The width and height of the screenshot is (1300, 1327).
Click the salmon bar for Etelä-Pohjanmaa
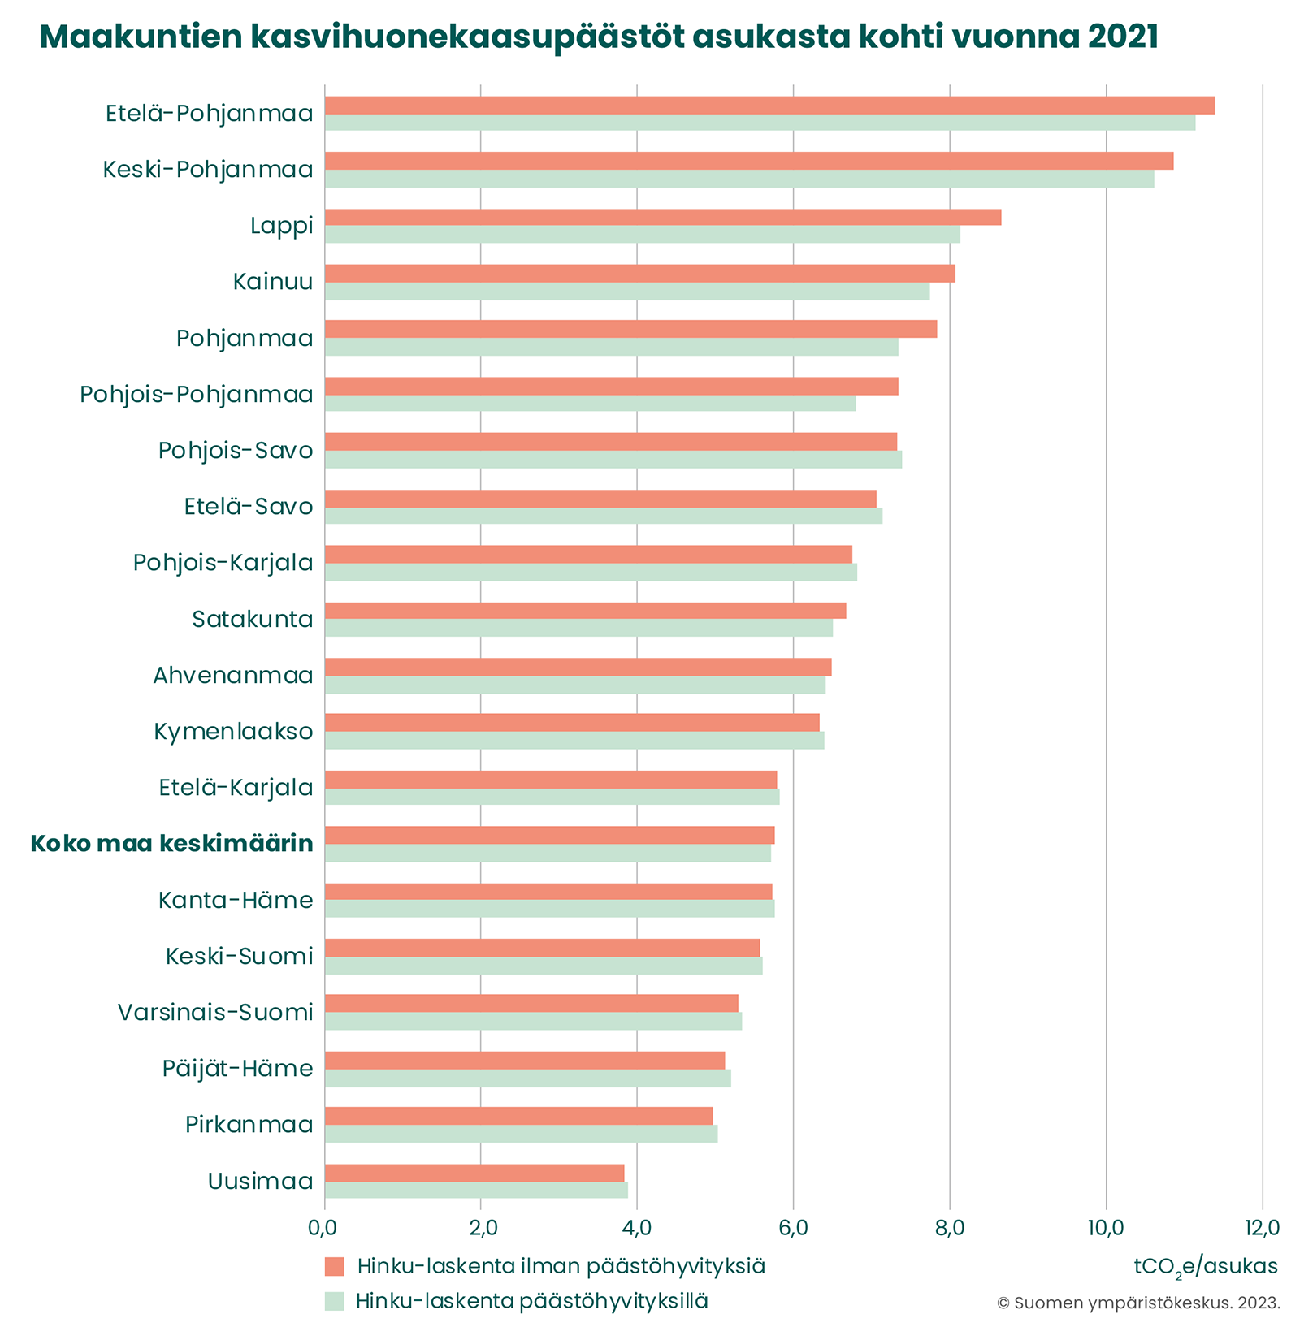pyautogui.click(x=769, y=106)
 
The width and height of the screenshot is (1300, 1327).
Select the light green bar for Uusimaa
pyautogui.click(x=476, y=1190)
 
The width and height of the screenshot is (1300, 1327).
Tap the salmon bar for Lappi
pyautogui.click(x=662, y=217)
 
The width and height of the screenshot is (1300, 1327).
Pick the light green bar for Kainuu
pyautogui.click(x=626, y=292)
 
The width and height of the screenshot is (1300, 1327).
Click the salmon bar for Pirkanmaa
pyautogui.click(x=518, y=1115)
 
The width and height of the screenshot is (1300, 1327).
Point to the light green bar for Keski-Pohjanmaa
pyautogui.click(x=739, y=179)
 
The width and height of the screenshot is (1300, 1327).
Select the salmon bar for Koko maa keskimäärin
pyautogui.click(x=549, y=835)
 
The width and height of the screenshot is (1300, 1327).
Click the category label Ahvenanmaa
pyautogui.click(x=233, y=675)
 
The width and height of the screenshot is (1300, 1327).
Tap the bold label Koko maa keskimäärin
pyautogui.click(x=171, y=844)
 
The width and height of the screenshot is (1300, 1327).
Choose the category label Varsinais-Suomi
pyautogui.click(x=215, y=1012)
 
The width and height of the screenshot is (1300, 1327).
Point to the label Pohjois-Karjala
pyautogui.click(x=223, y=562)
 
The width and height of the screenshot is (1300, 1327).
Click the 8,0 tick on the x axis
pyautogui.click(x=949, y=1227)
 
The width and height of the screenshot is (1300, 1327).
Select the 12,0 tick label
pyautogui.click(x=1262, y=1227)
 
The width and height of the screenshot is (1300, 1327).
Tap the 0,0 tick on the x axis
pyautogui.click(x=324, y=1227)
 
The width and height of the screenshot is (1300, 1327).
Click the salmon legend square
pyautogui.click(x=335, y=1266)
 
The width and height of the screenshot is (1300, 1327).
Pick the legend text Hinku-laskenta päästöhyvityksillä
pyautogui.click(x=532, y=1300)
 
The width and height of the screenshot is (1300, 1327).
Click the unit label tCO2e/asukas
pyautogui.click(x=1206, y=1266)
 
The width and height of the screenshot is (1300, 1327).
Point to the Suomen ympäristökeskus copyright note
pyautogui.click(x=1138, y=1303)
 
